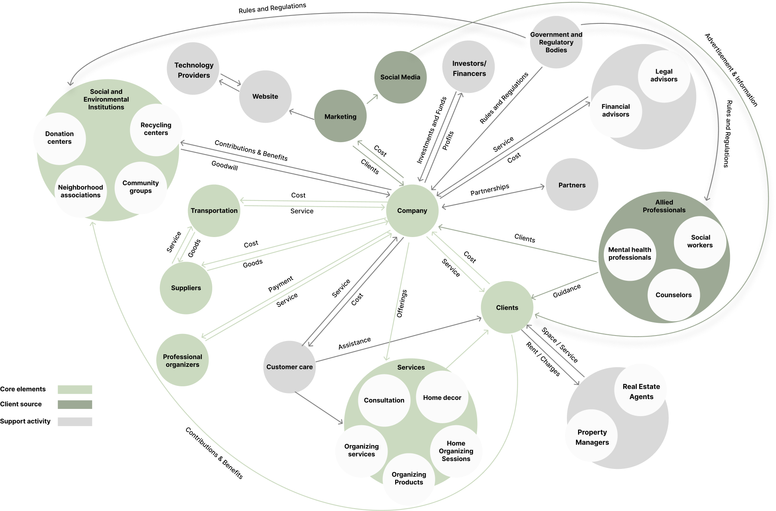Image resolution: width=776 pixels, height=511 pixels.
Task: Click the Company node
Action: (412, 211)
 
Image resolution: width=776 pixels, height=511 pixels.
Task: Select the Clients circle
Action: (507, 308)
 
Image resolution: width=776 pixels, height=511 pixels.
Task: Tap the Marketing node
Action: (340, 116)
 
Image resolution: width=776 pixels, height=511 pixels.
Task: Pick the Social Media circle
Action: (400, 77)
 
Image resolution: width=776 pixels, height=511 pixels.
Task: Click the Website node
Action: (265, 96)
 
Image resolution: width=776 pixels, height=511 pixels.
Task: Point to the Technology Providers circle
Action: (194, 69)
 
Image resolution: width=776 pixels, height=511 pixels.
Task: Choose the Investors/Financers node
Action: (469, 68)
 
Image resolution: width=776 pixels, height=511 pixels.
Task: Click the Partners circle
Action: (572, 185)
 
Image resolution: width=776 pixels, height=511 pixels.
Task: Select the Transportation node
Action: (214, 211)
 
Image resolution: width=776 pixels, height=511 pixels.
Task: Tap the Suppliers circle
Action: (186, 288)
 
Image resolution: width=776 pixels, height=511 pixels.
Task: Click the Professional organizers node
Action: (182, 360)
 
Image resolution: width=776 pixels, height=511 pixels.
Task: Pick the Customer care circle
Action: (289, 367)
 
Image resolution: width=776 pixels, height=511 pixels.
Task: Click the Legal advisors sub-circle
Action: (664, 75)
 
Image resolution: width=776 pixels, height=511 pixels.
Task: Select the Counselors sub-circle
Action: (673, 295)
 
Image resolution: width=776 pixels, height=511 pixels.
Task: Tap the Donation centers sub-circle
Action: (60, 138)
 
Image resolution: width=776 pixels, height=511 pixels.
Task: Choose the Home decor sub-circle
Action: (442, 397)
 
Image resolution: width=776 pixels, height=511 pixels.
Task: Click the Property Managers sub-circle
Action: (592, 437)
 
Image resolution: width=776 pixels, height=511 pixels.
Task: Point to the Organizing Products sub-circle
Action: (409, 478)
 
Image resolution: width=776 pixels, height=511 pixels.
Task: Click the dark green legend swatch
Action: (75, 405)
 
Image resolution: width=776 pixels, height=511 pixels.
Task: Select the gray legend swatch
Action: (75, 422)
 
